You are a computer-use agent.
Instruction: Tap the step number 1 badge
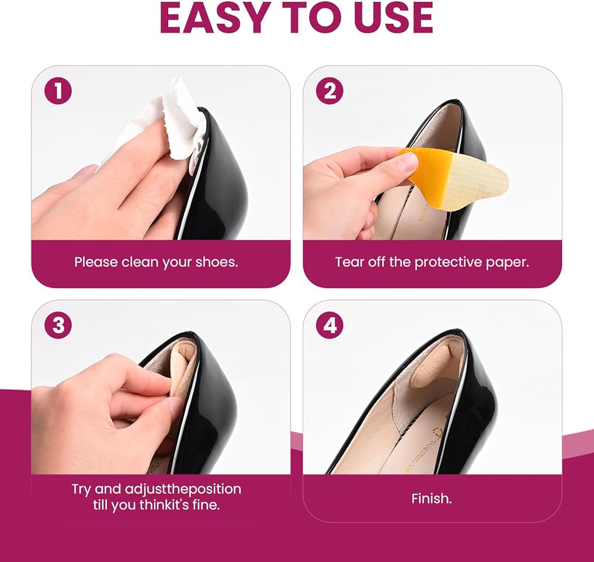58,91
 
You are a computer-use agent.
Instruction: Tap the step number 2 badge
330,91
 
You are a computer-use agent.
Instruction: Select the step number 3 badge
58,325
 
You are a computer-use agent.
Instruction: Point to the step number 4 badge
330,325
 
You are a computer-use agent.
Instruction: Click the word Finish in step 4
431,498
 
